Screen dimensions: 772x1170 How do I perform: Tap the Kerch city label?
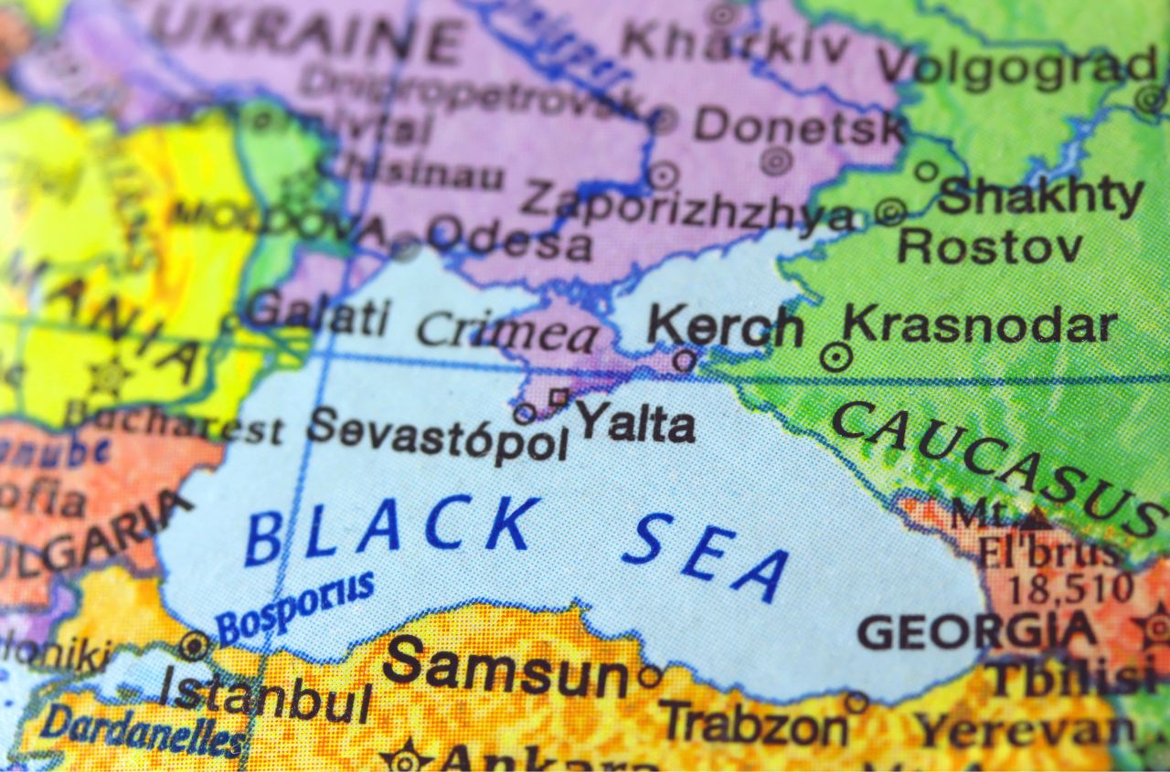point(725,327)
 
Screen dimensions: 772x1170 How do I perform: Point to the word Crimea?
point(507,331)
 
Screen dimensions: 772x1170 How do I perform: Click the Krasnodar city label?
point(979,326)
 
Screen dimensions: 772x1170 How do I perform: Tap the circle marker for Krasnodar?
point(835,356)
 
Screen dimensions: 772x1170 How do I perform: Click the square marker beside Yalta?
point(558,397)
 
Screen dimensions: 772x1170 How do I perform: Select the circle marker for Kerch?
point(684,360)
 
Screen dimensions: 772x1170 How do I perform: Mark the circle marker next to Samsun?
point(650,677)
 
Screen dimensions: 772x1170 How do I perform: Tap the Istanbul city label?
point(265,696)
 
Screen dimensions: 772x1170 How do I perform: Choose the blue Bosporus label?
point(295,607)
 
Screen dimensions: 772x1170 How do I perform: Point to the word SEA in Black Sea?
point(705,555)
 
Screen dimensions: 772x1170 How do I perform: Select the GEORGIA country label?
point(977,630)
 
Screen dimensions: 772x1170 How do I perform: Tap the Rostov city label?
point(990,247)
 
